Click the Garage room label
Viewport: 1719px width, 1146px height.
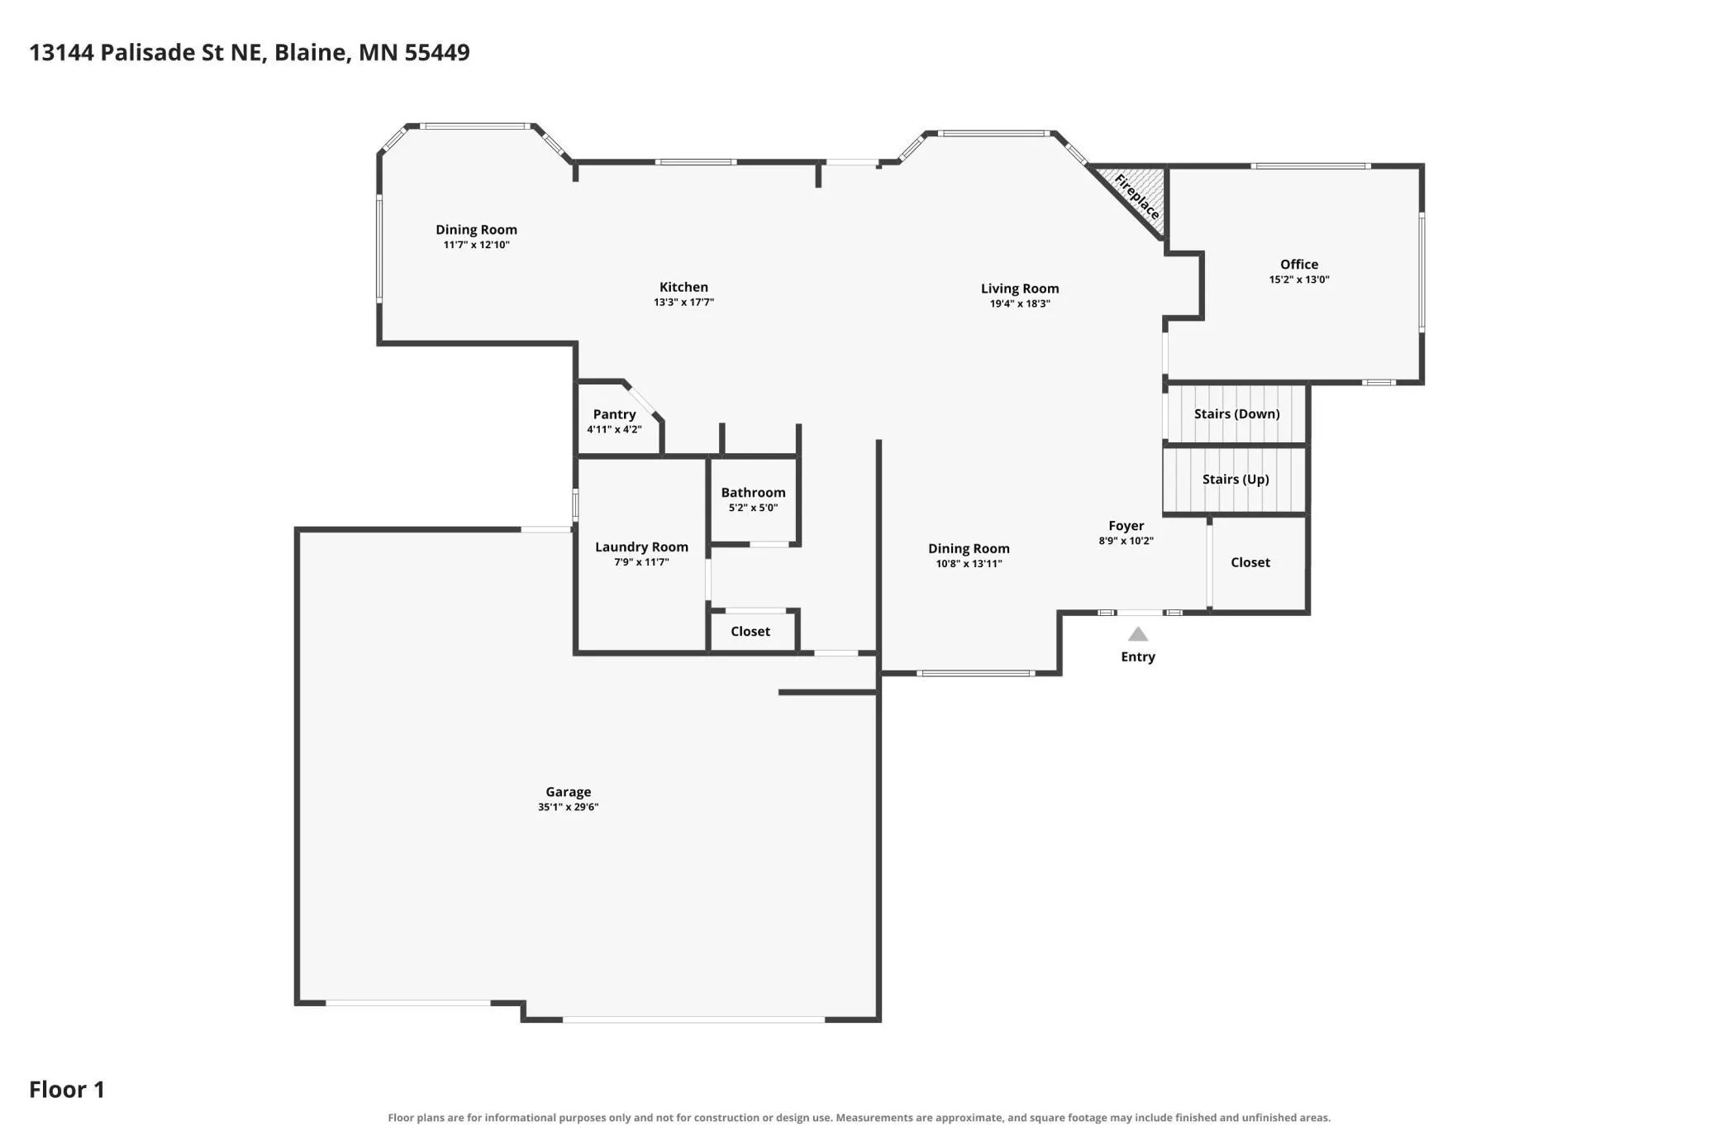tap(568, 791)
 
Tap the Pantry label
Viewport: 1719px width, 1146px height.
tap(614, 414)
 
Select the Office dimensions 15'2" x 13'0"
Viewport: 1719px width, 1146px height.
tap(1299, 279)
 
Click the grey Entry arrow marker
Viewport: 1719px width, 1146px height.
tap(1138, 634)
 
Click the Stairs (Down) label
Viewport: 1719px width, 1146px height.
tap(1236, 413)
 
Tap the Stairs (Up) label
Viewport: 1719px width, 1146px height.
tap(1236, 479)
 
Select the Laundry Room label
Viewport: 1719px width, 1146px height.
tap(641, 547)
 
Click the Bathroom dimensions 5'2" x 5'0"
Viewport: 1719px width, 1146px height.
tap(753, 508)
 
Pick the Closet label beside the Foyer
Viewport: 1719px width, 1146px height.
tap(1250, 562)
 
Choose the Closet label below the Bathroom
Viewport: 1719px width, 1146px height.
tap(750, 631)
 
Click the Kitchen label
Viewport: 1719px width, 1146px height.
tap(683, 287)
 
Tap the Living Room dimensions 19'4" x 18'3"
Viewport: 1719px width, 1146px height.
tap(1020, 303)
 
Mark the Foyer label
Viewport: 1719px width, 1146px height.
tap(1126, 526)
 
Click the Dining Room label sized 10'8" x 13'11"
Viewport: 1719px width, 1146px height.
tap(969, 548)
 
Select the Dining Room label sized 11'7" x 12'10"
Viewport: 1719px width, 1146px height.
tap(476, 230)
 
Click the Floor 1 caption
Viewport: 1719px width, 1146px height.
tap(67, 1089)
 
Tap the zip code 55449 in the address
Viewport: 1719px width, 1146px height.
tap(437, 52)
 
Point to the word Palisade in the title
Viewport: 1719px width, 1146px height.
tap(149, 52)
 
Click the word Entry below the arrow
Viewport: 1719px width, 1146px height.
tap(1138, 657)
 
